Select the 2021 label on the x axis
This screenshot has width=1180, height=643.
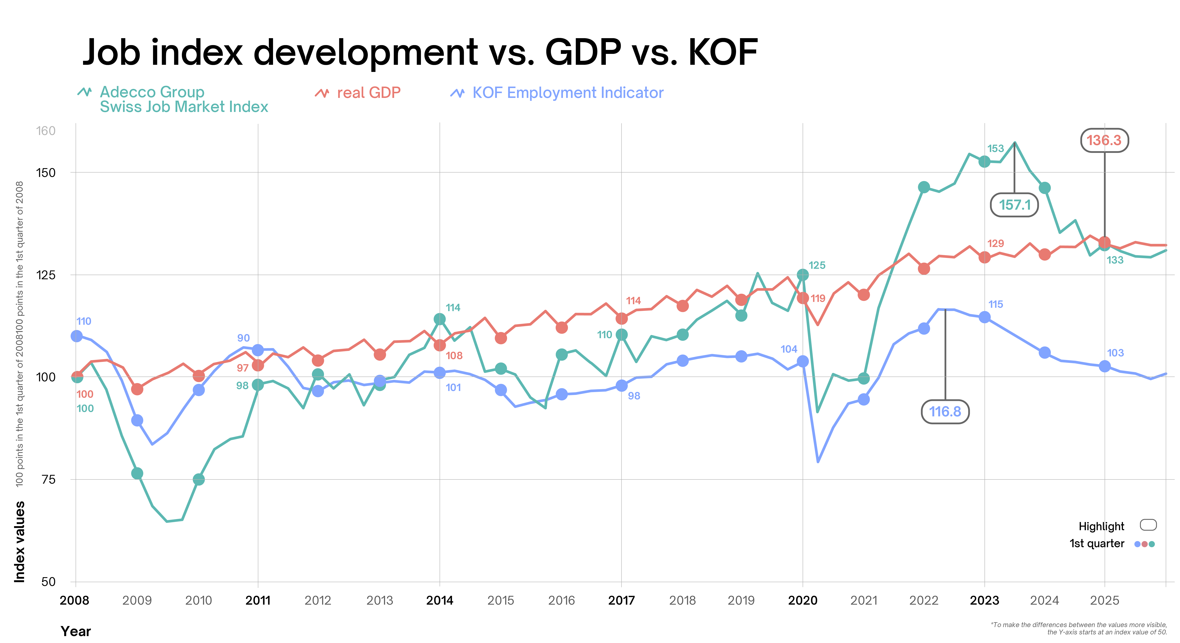pyautogui.click(x=864, y=600)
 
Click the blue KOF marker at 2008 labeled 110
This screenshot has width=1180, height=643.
pyautogui.click(x=77, y=336)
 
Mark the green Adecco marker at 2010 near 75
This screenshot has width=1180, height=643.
pyautogui.click(x=198, y=479)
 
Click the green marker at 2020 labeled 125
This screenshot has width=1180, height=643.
pyautogui.click(x=803, y=275)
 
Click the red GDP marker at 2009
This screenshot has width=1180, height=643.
pyautogui.click(x=137, y=389)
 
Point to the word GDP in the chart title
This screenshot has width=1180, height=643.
pyautogui.click(x=583, y=53)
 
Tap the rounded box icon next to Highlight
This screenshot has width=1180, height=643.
pyautogui.click(x=1148, y=525)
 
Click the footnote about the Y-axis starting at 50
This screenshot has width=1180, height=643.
pyautogui.click(x=1079, y=628)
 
